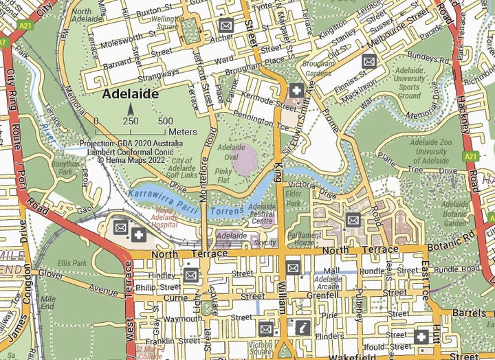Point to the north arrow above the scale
pos(131,110)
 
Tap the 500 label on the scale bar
pos(165,122)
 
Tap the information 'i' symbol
pos(301,328)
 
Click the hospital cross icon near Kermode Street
pos(296,91)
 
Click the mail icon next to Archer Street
pos(226,25)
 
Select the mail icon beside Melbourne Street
pos(369,60)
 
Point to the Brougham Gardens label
pos(317,68)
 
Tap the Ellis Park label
pos(73,262)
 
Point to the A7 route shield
pos(3,42)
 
